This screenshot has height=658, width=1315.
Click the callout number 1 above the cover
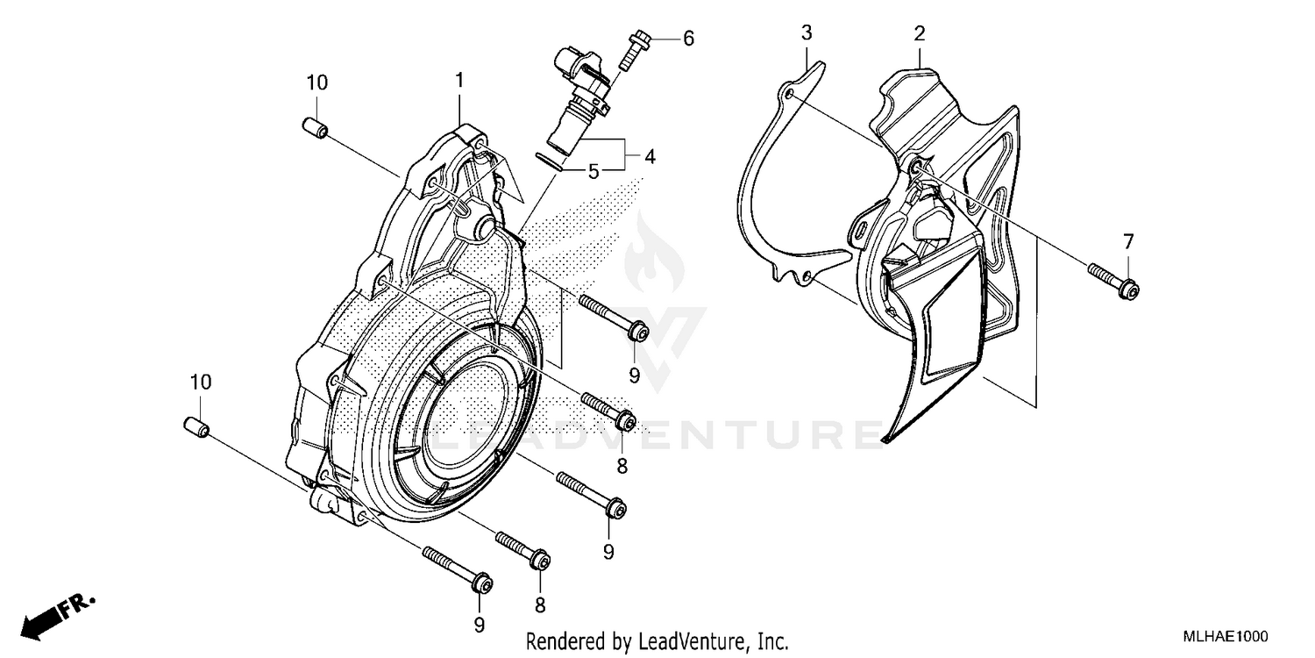point(458,80)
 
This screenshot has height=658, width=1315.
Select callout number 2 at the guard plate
point(919,34)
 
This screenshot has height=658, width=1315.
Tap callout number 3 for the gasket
point(806,33)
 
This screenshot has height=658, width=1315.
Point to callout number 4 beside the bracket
point(650,157)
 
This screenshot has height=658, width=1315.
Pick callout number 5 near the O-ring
point(594,172)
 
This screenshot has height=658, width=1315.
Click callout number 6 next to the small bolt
point(688,38)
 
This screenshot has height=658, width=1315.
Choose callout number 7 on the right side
point(1128,241)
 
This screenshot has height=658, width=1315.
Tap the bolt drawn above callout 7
point(1113,280)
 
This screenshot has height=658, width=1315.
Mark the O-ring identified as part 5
point(550,159)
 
